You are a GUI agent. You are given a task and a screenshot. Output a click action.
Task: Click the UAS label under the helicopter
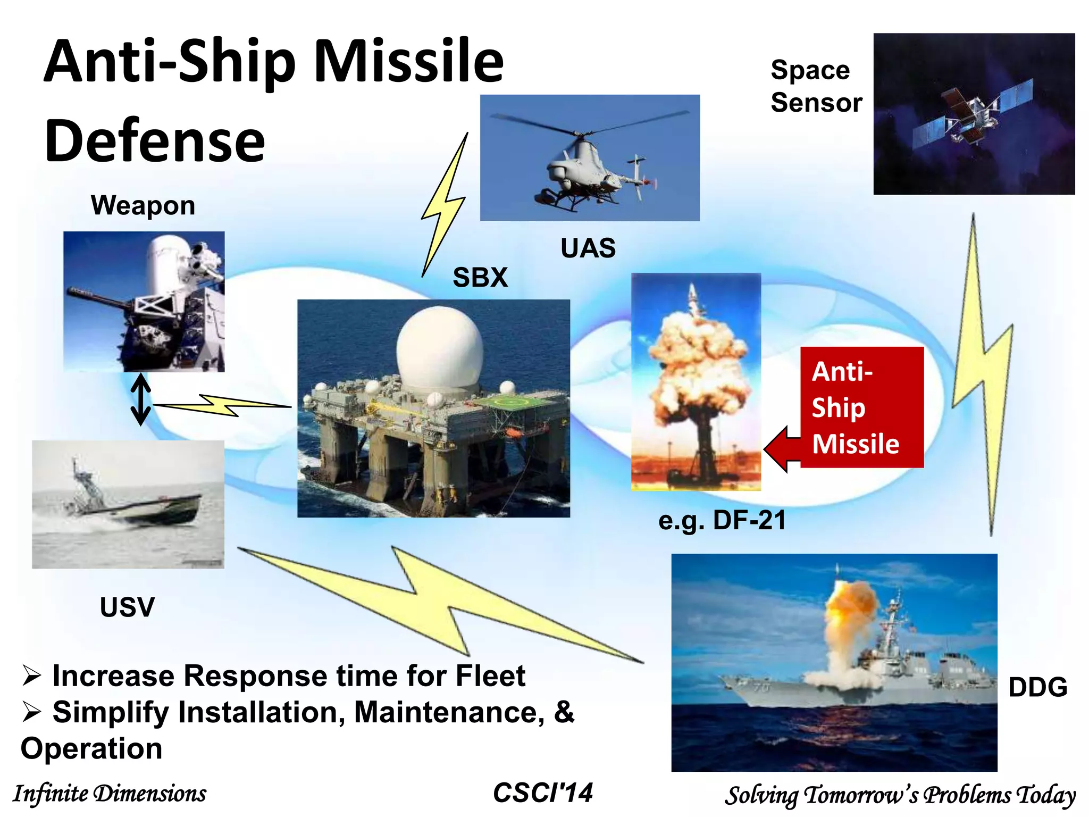(x=588, y=248)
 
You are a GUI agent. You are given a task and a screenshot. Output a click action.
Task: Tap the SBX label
(x=480, y=278)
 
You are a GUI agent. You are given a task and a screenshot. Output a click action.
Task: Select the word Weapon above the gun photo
(x=143, y=205)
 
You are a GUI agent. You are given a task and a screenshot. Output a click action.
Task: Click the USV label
(x=127, y=607)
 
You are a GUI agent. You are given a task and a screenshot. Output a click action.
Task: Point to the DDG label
(x=1037, y=687)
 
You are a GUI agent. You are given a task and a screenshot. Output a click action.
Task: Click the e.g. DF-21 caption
(x=722, y=520)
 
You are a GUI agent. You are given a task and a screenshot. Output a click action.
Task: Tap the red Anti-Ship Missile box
(x=861, y=407)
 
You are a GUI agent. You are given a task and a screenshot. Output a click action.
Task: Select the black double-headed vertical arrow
(x=141, y=399)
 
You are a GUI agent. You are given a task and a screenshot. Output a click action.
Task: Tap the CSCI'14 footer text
(x=542, y=793)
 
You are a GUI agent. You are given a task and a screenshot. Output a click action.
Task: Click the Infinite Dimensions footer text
(x=110, y=794)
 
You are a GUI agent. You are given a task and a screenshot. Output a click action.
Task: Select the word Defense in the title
(x=155, y=141)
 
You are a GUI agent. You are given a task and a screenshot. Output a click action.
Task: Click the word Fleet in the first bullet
(x=490, y=676)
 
